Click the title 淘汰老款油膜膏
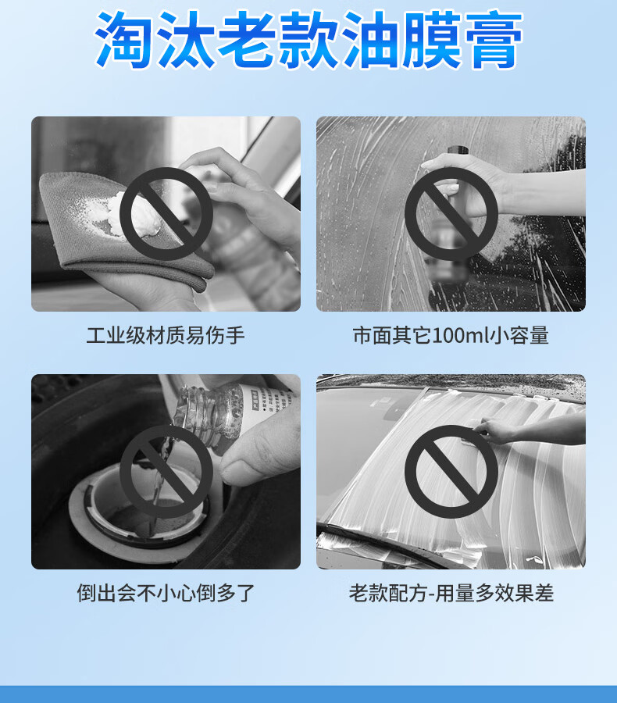(308, 41)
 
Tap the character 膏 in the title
(494, 41)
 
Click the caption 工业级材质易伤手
(166, 335)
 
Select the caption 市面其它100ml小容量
(451, 335)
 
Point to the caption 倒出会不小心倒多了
(166, 593)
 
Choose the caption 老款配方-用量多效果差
(451, 593)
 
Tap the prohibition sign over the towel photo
(166, 214)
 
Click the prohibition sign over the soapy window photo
(451, 214)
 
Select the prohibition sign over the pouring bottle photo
(166, 471)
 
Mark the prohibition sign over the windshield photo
(451, 471)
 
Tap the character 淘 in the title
(123, 41)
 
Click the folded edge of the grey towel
(134, 272)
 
